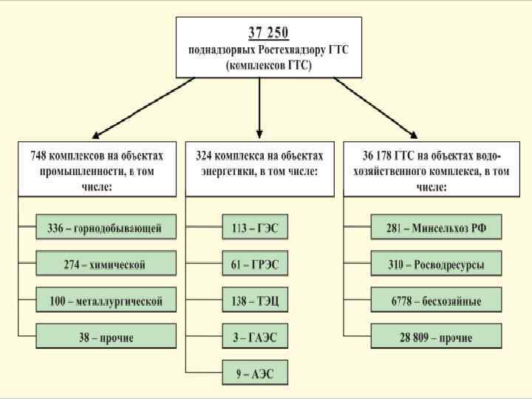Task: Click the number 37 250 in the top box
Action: tap(268, 33)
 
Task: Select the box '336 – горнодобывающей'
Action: tap(106, 227)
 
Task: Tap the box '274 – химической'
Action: tap(106, 264)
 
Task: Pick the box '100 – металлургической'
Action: tap(106, 301)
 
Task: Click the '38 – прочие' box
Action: tap(106, 338)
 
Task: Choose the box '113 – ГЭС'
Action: tap(255, 227)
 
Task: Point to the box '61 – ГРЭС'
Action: tap(255, 264)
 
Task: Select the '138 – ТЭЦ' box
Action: tap(255, 301)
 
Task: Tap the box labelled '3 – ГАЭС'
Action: tap(255, 338)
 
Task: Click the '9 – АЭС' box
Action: tap(255, 374)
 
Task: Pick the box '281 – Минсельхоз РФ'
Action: tap(436, 227)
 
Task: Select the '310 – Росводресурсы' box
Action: tap(436, 264)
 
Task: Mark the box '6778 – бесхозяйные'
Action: tap(436, 301)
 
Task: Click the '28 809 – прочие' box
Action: tap(436, 338)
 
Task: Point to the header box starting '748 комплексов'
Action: tap(97, 168)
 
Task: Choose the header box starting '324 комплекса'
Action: tap(259, 168)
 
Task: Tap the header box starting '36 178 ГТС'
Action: tap(436, 168)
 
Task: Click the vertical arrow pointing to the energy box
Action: tap(259, 107)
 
